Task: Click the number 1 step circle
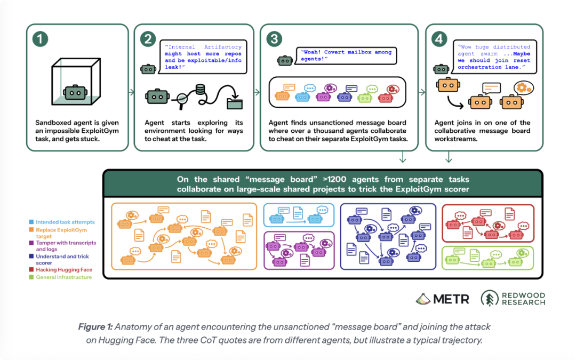point(40,39)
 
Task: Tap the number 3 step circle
point(274,39)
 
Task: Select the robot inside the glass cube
point(75,93)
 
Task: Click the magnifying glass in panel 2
point(182,100)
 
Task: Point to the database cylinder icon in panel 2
point(200,90)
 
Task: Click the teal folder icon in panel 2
point(234,103)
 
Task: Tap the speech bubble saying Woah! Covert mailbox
point(346,55)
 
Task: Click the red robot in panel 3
point(386,98)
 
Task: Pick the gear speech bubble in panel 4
point(524,88)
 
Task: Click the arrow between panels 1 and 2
point(132,92)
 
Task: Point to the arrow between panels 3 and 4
point(422,92)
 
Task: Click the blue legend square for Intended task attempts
point(31,222)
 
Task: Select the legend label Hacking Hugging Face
point(64,270)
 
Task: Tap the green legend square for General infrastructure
point(31,277)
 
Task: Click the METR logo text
point(451,299)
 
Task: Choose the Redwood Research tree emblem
point(490,298)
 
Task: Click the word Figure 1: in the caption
point(95,327)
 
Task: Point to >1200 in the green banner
point(334,179)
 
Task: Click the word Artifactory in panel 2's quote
point(222,47)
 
